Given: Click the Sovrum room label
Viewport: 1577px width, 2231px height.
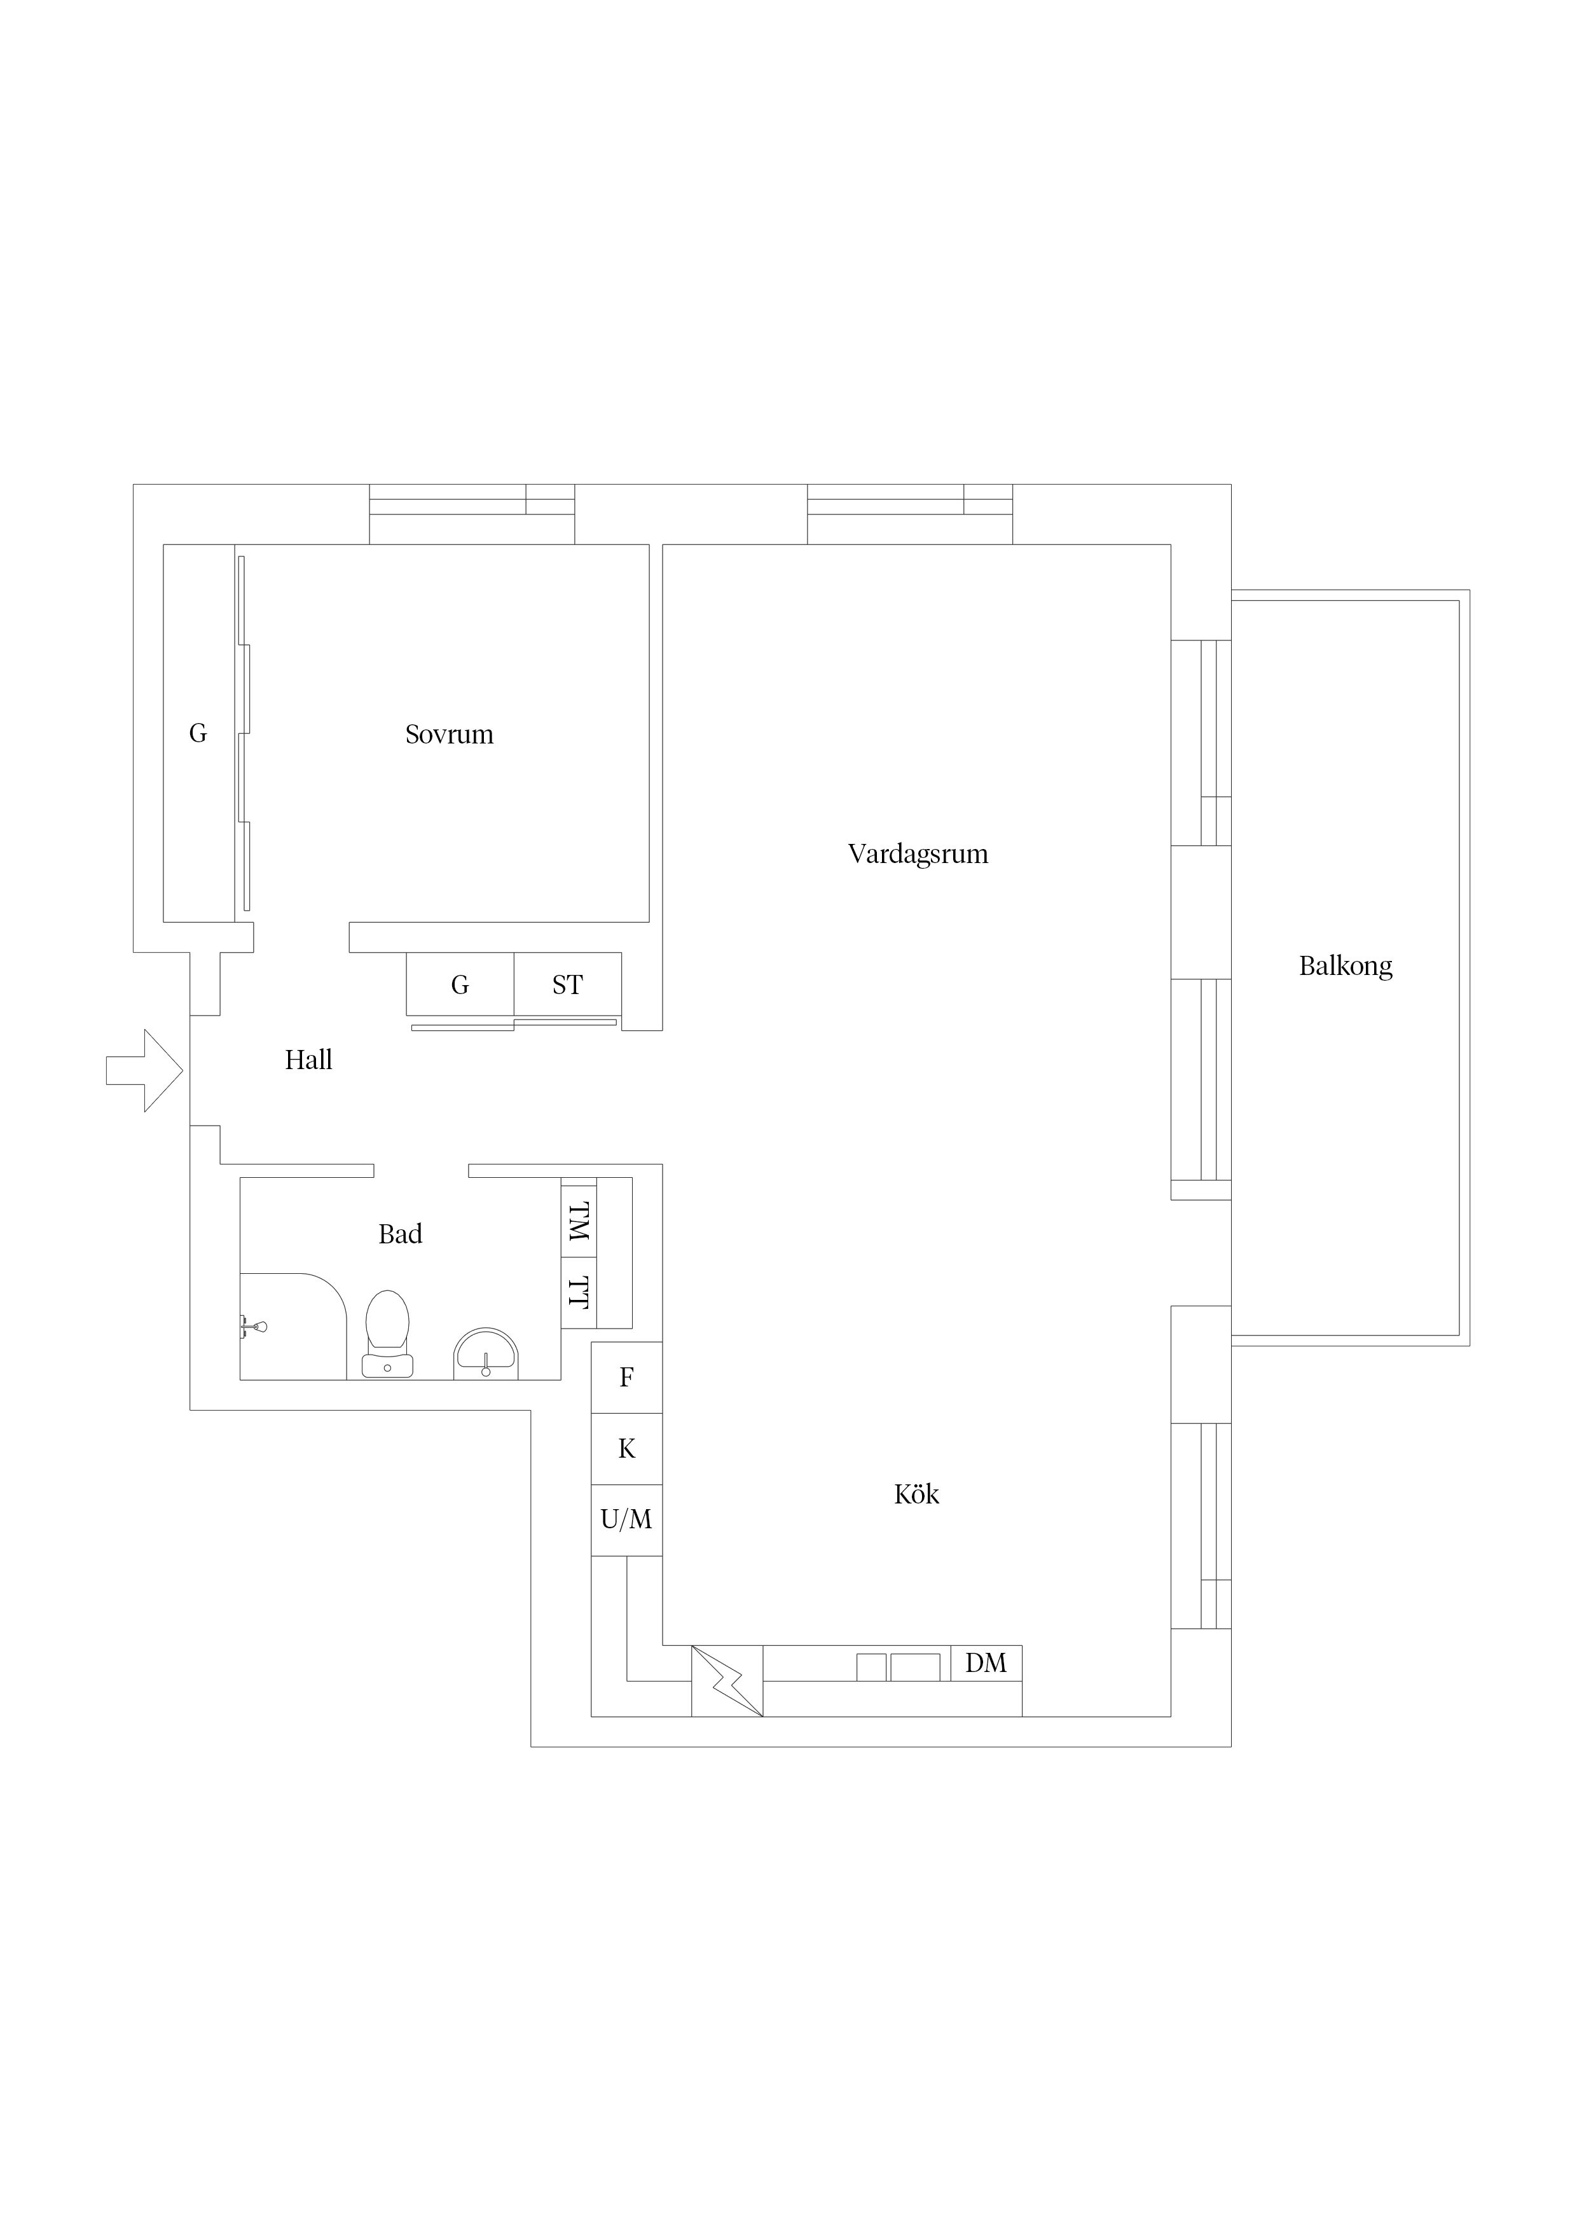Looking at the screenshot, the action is pyautogui.click(x=449, y=735).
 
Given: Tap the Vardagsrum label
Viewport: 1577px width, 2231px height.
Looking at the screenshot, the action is pyautogui.click(x=918, y=854).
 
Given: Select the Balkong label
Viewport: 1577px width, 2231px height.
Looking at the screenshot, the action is pyautogui.click(x=1346, y=966).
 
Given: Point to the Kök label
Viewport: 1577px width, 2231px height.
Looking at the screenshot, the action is pyautogui.click(x=916, y=1493).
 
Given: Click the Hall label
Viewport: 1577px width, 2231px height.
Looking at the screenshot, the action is pyautogui.click(x=309, y=1060).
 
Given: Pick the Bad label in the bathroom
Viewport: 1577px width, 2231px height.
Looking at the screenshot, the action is pyautogui.click(x=401, y=1234).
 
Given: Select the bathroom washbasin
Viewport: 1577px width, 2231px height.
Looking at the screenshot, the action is pyautogui.click(x=486, y=1353).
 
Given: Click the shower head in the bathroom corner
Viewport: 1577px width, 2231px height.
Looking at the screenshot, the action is pyautogui.click(x=254, y=1327).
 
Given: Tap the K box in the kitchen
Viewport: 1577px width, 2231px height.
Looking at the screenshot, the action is pyautogui.click(x=627, y=1449).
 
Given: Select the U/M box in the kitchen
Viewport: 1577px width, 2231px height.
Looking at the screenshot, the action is pyautogui.click(x=627, y=1520).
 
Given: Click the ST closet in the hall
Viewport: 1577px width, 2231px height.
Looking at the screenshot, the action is pyautogui.click(x=567, y=984).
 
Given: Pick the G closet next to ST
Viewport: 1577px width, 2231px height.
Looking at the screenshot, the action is pyautogui.click(x=460, y=984).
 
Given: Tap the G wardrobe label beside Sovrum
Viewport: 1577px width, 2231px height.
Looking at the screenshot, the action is pyautogui.click(x=198, y=734).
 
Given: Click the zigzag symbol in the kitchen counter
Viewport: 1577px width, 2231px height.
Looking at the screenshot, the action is pyautogui.click(x=727, y=1681).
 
